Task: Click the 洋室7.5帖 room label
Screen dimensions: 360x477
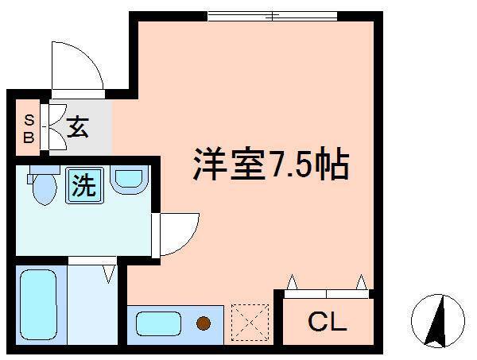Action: (270, 165)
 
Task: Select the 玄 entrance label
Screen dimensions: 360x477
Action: (77, 127)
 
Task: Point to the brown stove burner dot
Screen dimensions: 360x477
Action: (204, 323)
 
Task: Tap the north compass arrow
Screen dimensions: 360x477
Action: (436, 318)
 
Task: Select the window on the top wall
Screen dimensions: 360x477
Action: (270, 14)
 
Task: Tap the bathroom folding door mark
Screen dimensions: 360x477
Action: (109, 274)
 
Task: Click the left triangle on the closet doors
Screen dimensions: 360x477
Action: (293, 281)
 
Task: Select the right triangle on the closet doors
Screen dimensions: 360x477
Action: (362, 281)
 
